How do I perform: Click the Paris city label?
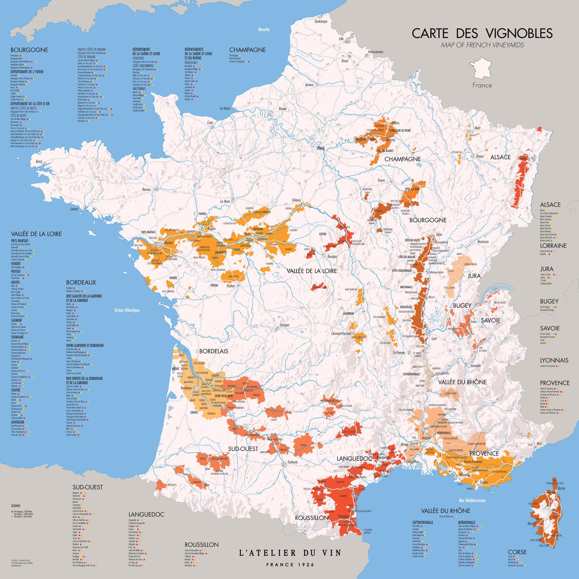tap(321, 148)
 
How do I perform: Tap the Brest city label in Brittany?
tap(39, 161)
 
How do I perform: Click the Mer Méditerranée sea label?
tap(472, 500)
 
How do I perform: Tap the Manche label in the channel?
tap(264, 29)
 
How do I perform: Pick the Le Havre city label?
tap(225, 108)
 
